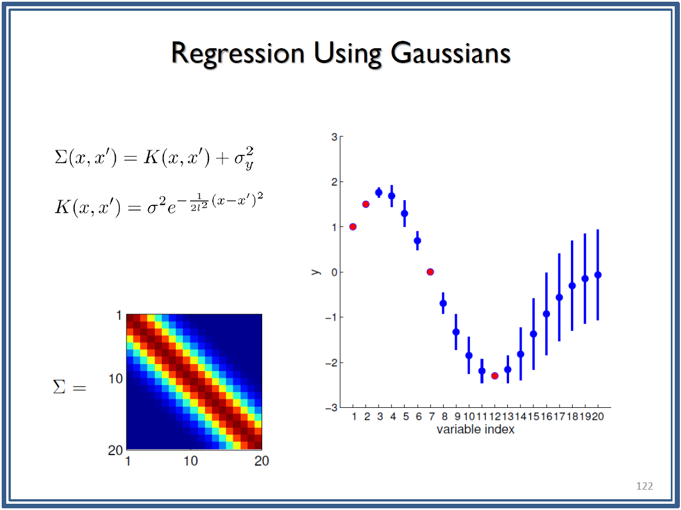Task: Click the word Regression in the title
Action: pyautogui.click(x=238, y=54)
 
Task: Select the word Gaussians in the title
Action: pyautogui.click(x=450, y=53)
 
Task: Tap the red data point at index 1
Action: pyautogui.click(x=353, y=226)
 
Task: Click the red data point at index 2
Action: pyautogui.click(x=366, y=204)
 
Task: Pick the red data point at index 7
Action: pyautogui.click(x=430, y=272)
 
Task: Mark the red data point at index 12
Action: pyautogui.click(x=495, y=376)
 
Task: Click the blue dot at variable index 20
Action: pyautogui.click(x=598, y=275)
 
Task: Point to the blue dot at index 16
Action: pyautogui.click(x=547, y=314)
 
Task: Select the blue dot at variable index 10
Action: pyautogui.click(x=469, y=355)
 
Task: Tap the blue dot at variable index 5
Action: pyautogui.click(x=405, y=213)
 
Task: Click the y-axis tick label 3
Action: pyautogui.click(x=334, y=137)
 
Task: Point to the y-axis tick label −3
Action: pyautogui.click(x=331, y=408)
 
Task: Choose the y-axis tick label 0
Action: pyautogui.click(x=334, y=272)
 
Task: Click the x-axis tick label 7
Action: pyautogui.click(x=431, y=416)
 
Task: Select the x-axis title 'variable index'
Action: pyautogui.click(x=476, y=429)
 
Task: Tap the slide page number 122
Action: pyautogui.click(x=644, y=486)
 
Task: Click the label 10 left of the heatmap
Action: pyautogui.click(x=115, y=378)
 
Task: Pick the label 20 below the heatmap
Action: pyautogui.click(x=261, y=461)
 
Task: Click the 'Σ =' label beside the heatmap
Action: pyautogui.click(x=69, y=387)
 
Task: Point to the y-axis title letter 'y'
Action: pyautogui.click(x=316, y=272)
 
